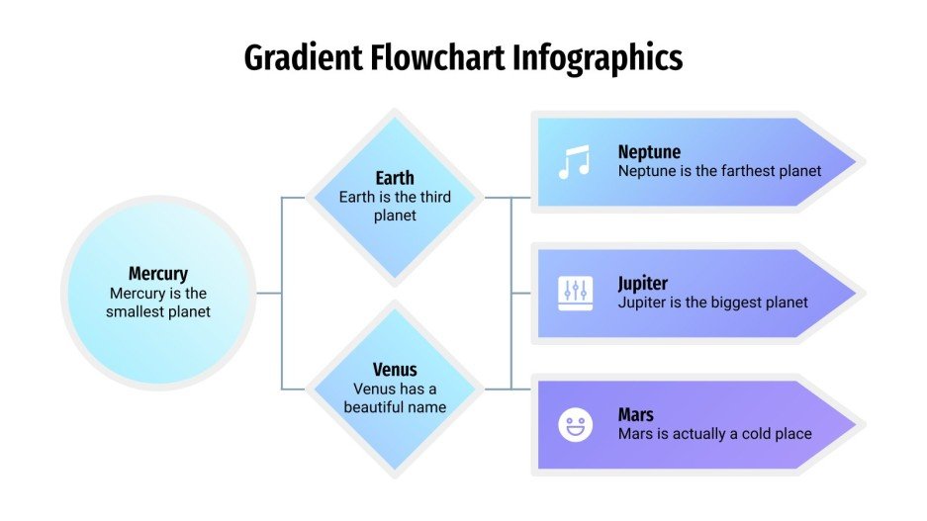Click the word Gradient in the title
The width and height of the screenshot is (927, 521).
304,58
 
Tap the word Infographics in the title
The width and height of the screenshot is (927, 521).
598,58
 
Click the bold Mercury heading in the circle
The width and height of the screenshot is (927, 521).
158,274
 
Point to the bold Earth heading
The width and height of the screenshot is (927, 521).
395,178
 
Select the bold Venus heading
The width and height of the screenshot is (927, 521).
395,371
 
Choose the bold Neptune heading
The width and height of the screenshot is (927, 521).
649,152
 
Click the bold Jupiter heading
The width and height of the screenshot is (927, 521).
643,284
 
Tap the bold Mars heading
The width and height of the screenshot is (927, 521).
635,415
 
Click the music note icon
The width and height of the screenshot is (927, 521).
574,162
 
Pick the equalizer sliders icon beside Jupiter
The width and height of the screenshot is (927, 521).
575,293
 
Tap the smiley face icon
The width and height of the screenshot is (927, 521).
575,425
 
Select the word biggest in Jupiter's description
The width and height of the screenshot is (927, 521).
729,303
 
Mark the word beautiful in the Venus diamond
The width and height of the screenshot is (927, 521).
375,406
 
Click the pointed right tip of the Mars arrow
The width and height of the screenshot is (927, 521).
859,424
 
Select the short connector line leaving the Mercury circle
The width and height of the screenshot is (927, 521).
269,293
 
